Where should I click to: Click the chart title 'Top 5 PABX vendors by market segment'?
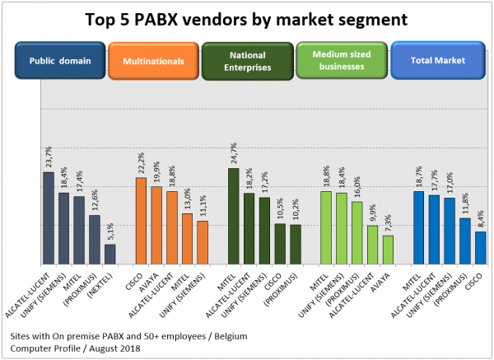click(247, 19)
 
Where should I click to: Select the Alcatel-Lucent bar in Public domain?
click(49, 217)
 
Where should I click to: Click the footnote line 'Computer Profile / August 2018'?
click(77, 348)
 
